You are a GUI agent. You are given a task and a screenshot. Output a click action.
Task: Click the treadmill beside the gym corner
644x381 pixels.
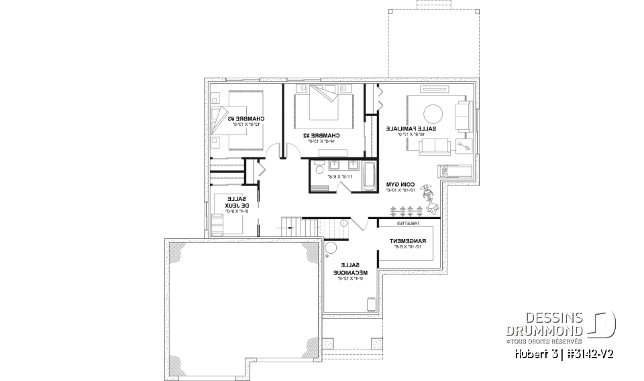click(x=450, y=170)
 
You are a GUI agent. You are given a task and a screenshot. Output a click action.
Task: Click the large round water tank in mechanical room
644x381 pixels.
click(x=331, y=248)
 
